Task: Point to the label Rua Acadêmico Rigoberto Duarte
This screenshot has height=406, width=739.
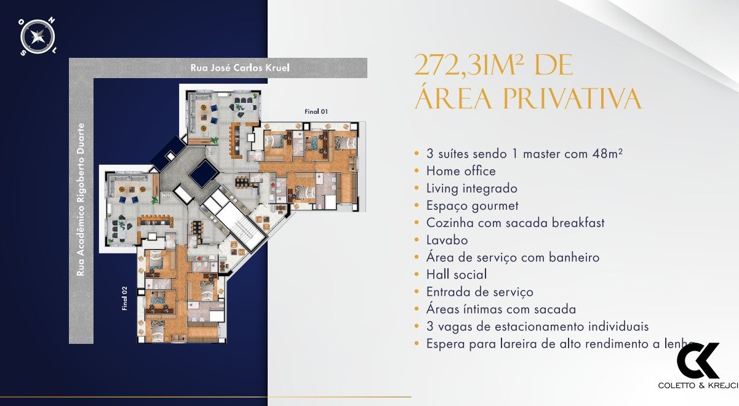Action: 81,199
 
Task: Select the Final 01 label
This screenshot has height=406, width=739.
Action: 316,111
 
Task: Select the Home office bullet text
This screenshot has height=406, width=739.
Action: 461,171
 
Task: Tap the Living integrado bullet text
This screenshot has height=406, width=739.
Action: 472,188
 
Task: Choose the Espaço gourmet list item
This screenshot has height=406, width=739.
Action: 473,205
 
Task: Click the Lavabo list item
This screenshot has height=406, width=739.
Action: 447,240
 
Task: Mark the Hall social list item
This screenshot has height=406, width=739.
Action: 457,274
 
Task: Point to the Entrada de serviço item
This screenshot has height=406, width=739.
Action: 480,292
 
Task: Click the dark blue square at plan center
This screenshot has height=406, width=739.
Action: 202,175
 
